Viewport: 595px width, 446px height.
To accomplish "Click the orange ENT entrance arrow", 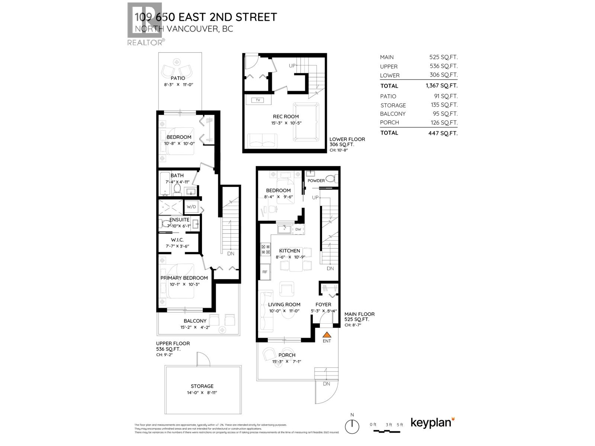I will (327, 334).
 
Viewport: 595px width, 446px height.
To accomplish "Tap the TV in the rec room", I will (257, 100).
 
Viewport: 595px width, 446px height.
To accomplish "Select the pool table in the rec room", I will (306, 122).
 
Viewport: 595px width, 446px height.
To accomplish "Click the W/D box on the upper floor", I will (192, 207).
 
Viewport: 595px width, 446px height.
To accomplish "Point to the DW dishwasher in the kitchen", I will (298, 229).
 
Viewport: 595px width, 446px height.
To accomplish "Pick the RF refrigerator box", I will (265, 272).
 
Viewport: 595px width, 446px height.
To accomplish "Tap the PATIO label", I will (178, 78).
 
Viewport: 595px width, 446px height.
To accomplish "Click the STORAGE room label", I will (202, 386).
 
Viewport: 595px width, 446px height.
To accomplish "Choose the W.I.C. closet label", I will (177, 240).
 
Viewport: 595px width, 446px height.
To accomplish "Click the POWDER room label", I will (316, 181).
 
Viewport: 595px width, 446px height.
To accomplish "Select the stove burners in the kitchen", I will (266, 249).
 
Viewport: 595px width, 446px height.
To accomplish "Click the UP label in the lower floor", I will (292, 66).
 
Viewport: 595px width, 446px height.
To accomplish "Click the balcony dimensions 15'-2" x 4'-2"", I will (195, 327).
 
